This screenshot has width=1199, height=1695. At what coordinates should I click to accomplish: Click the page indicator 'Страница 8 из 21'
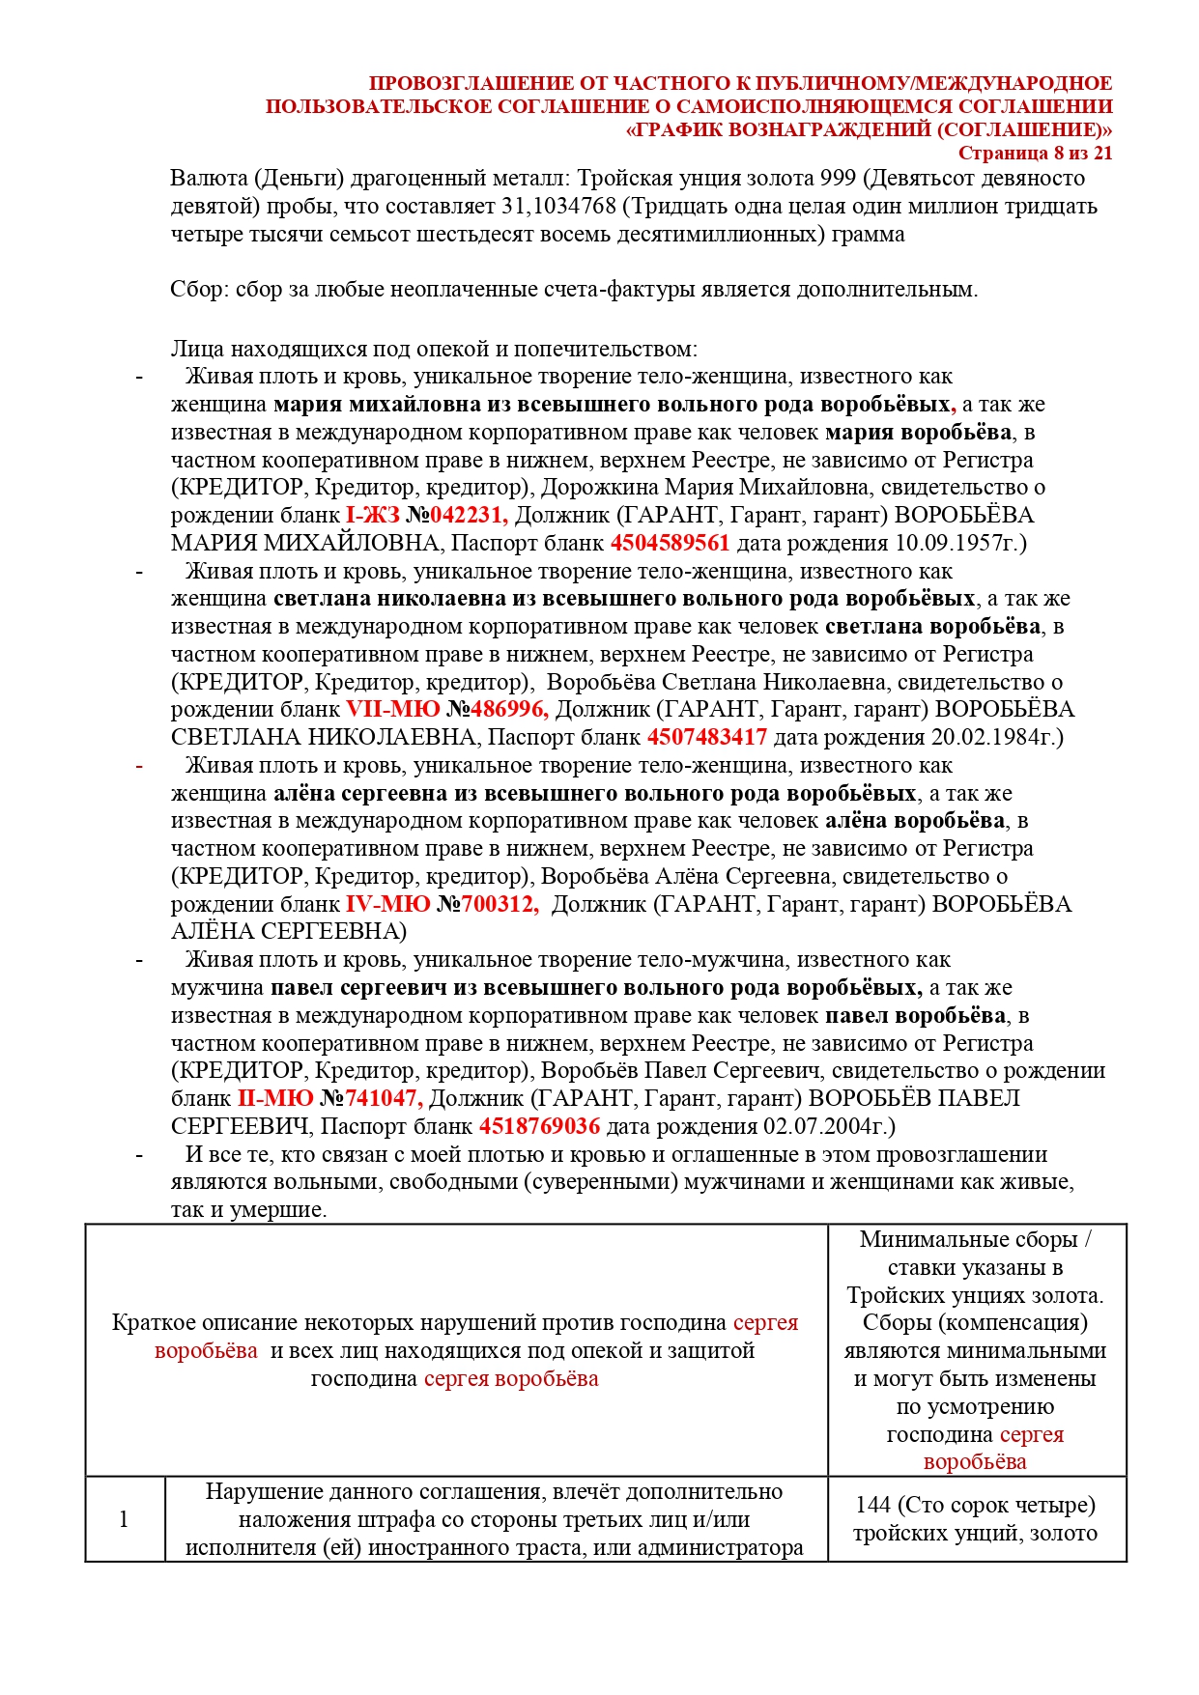tap(1035, 154)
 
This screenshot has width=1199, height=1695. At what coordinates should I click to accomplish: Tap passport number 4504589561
tap(670, 544)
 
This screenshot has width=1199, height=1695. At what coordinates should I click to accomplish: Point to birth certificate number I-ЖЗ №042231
tap(426, 516)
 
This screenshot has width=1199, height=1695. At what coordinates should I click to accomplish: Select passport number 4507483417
tap(706, 738)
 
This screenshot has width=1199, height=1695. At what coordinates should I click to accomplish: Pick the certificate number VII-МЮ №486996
tap(447, 710)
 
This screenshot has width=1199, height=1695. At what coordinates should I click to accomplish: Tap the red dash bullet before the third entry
tap(139, 767)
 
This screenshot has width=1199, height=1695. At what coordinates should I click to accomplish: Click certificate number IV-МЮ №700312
tap(442, 905)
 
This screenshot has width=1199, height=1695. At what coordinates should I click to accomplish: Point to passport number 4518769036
tap(539, 1127)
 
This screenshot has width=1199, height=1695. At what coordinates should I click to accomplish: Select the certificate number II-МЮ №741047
tap(329, 1099)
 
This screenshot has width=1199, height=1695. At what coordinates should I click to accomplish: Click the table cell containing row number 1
tap(125, 1519)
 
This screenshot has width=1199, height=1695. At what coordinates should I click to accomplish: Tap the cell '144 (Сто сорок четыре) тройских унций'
tap(976, 1519)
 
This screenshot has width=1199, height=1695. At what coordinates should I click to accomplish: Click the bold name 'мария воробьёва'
tap(918, 433)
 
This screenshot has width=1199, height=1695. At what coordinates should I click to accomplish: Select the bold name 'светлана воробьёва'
tap(932, 627)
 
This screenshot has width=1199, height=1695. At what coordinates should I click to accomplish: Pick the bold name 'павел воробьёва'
tap(915, 1016)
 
